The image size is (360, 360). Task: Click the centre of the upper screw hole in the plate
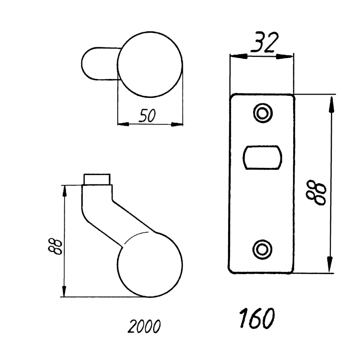pos(262,113)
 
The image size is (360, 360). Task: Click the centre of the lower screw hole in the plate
pos(262,250)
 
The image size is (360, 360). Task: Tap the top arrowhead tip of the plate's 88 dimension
pos(331,97)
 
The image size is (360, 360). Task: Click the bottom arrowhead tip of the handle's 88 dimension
pos(64,297)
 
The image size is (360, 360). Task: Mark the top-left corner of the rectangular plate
pos(230,94)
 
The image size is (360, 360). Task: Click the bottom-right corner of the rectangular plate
pos(294,273)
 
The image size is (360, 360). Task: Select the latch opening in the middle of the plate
pos(262,158)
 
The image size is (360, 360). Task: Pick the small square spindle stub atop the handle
pos(97,179)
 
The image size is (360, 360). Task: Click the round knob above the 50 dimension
pos(150,64)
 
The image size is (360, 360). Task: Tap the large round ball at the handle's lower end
pos(150,265)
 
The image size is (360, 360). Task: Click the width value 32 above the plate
pos(264,42)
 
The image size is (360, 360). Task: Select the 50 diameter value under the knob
pos(147,115)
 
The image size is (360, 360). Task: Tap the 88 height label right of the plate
pos(316,192)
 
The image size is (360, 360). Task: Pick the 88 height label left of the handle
pos(55,246)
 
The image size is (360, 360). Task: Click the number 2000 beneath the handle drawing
pos(144,326)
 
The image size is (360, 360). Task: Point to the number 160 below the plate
pos(257,318)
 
